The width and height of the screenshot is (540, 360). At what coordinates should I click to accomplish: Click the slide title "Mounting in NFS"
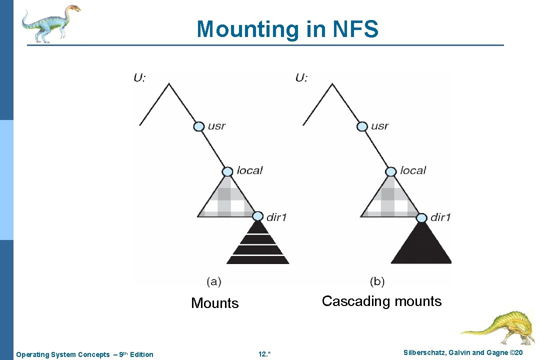[x=287, y=29]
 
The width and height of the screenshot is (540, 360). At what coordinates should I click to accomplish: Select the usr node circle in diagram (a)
[x=199, y=126]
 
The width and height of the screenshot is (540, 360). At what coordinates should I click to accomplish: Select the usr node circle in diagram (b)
[x=362, y=126]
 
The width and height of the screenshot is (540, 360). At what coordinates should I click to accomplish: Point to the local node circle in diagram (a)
[x=227, y=171]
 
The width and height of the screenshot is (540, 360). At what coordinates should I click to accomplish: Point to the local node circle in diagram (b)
[x=391, y=171]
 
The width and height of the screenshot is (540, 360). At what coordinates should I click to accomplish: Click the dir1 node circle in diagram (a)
[x=257, y=216]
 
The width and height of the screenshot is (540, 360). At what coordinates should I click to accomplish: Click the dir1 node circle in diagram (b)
[x=421, y=217]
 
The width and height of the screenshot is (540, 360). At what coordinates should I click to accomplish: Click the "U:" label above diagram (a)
[x=139, y=77]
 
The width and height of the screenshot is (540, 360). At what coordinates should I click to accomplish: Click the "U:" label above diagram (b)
[x=301, y=77]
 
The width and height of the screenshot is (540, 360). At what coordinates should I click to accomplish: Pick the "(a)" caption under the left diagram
[x=214, y=281]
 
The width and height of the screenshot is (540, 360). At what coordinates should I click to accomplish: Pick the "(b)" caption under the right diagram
[x=377, y=281]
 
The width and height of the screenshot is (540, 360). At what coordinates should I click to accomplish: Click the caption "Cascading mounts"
[x=381, y=301]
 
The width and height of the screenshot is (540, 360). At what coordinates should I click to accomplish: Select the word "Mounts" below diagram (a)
[x=215, y=303]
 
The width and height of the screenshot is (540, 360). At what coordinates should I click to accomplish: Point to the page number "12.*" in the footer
[x=264, y=354]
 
